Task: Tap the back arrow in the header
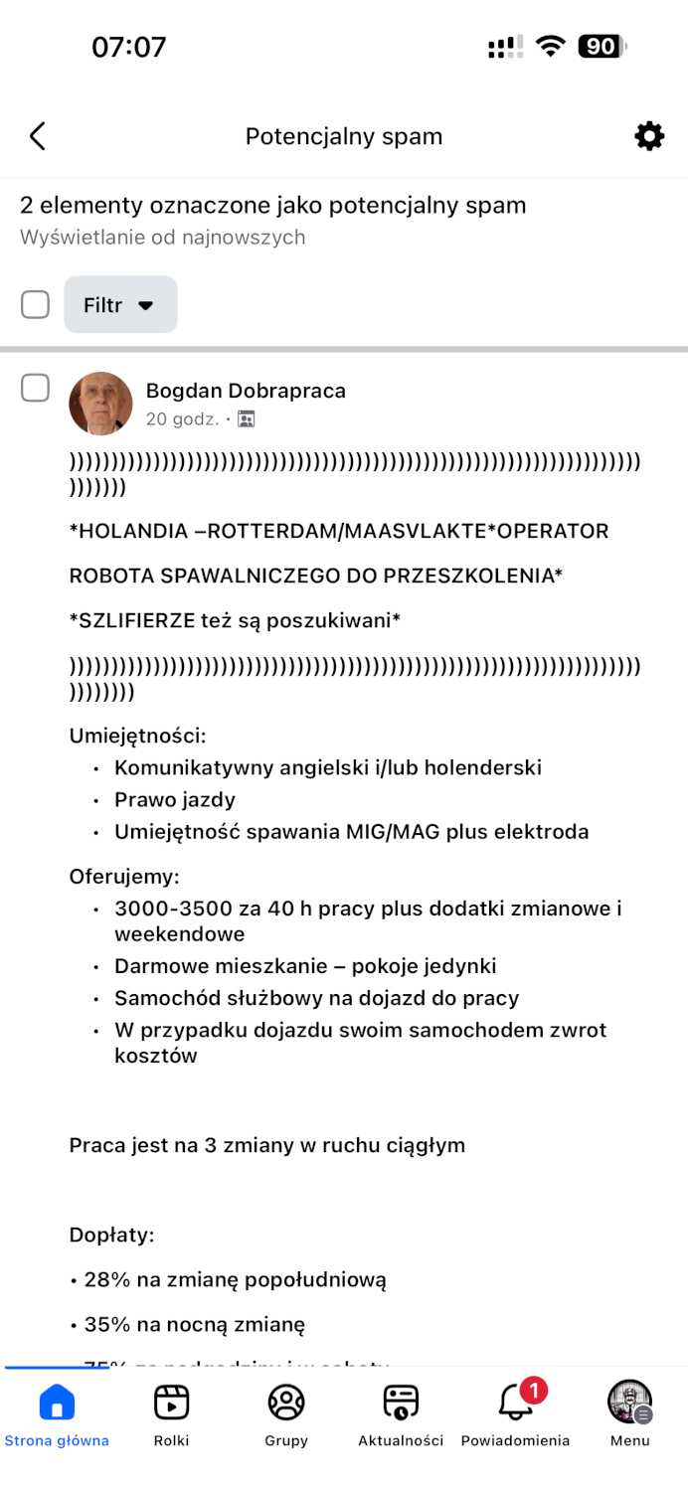tap(38, 136)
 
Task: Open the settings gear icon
tap(649, 136)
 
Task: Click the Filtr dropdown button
tap(120, 304)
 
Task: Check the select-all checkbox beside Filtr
tap(35, 304)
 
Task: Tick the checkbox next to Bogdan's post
tap(35, 388)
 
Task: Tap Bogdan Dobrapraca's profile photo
tap(100, 404)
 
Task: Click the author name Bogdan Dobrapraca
tap(246, 391)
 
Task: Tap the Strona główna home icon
tap(57, 1403)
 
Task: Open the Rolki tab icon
tap(171, 1403)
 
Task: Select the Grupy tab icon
tap(286, 1403)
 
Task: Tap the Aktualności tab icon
tap(401, 1403)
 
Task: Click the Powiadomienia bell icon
tap(515, 1403)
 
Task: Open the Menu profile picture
tap(629, 1402)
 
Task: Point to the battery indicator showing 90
tap(602, 47)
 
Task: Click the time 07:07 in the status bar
tap(129, 47)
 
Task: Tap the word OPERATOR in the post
tap(553, 531)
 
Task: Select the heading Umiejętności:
tap(137, 736)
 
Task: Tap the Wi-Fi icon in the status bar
tap(550, 47)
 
